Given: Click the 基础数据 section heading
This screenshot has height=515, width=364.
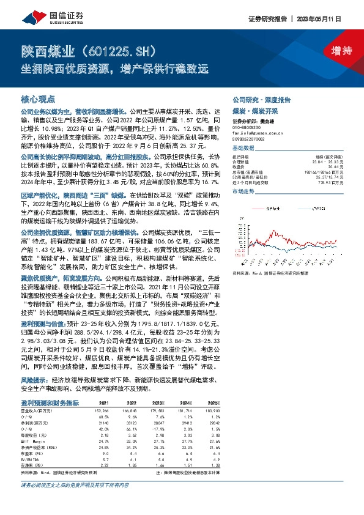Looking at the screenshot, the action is [x=243, y=149].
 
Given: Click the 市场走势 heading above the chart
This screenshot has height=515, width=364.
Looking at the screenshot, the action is [x=243, y=191].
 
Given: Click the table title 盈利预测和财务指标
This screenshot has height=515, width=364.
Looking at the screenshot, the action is [x=50, y=402].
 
